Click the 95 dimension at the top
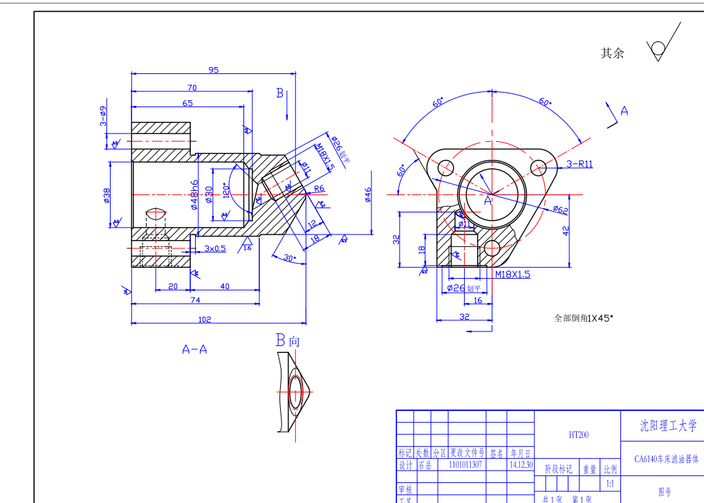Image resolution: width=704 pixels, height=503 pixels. coord(214,69)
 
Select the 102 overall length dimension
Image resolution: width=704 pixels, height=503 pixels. coord(205,319)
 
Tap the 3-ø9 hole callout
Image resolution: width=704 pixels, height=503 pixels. coord(103,116)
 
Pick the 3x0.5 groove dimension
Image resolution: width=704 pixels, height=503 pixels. coord(215,248)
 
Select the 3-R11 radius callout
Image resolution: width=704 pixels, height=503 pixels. coord(579,164)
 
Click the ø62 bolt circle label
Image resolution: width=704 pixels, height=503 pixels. coord(559,209)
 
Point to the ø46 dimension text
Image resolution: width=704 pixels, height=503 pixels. coord(367,196)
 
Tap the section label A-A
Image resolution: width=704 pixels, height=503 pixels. coord(194,349)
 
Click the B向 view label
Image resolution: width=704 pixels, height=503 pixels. coord(288,340)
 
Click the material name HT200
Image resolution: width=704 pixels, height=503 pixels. coord(578,435)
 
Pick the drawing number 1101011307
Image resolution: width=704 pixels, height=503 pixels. coord(467,466)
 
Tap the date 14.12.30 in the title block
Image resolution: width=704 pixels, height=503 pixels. coord(521,466)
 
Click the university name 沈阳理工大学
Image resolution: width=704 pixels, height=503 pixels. coord(667,426)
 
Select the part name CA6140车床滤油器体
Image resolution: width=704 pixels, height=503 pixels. coord(667,459)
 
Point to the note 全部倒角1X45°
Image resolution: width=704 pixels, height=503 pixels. coord(584,318)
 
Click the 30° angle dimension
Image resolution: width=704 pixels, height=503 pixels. coord(290,258)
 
